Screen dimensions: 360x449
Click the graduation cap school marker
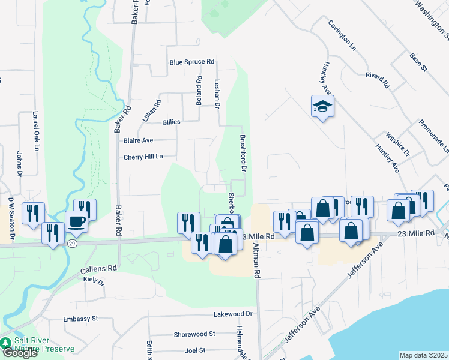[322, 107]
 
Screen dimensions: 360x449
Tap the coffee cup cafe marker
[76, 221]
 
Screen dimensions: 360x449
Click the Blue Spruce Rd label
[192, 62]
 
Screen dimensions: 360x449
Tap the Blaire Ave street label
[139, 140]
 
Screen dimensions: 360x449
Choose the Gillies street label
[171, 122]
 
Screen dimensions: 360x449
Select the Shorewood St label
[194, 334]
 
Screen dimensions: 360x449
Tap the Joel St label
[196, 350]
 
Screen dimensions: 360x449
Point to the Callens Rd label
[98, 269]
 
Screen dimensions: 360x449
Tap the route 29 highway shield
[72, 243]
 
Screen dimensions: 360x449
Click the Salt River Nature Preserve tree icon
[6, 343]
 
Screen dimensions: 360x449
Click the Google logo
[19, 353]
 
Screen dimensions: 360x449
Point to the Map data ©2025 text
[424, 355]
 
